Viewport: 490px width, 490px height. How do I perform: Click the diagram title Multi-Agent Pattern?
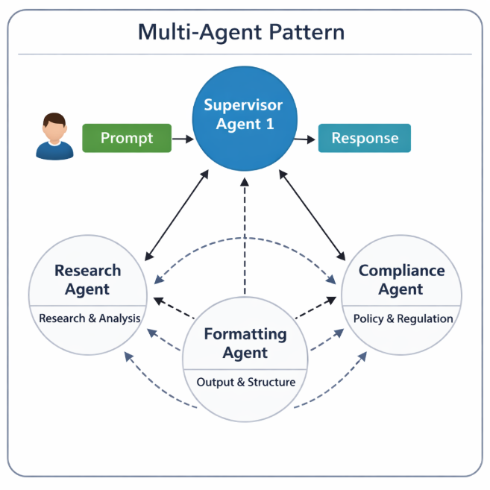point(242,33)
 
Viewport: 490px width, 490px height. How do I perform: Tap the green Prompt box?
point(127,138)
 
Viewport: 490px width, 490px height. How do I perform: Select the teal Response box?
point(365,138)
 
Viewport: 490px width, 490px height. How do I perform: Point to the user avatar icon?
point(54,136)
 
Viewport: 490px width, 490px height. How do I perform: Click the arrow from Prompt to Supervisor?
point(182,138)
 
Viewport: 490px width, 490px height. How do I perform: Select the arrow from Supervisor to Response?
point(305,139)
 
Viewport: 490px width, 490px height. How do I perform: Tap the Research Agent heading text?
point(87,280)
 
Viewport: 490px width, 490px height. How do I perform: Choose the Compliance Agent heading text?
point(401,280)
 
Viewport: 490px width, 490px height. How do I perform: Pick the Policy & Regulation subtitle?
point(403,318)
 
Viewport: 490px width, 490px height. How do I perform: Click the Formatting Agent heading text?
point(245,343)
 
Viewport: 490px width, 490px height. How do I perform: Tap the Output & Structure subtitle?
point(245,382)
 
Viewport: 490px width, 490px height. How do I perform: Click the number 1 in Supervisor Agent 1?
point(269,124)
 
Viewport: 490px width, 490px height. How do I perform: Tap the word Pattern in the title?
point(306,33)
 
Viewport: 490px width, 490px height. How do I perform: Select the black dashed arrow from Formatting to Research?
point(175,309)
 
